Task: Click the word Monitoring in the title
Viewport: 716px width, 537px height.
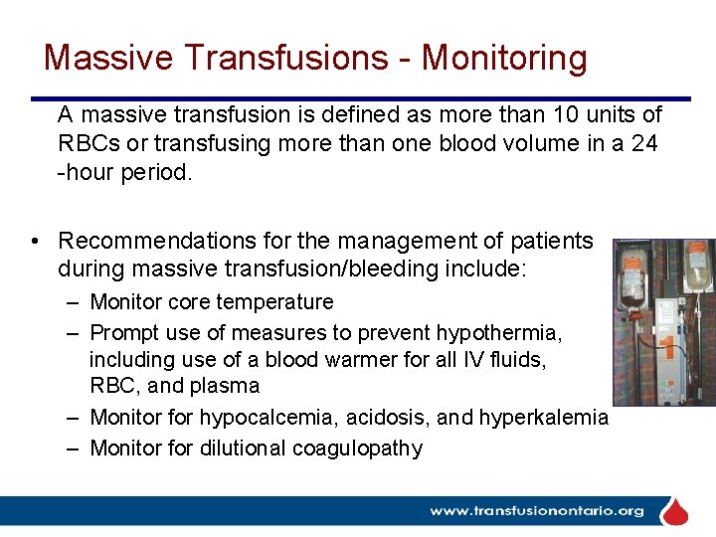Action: pos(504,58)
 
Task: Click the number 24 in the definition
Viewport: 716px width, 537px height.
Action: pos(644,143)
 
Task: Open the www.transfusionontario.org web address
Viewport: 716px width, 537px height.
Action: pos(536,511)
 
